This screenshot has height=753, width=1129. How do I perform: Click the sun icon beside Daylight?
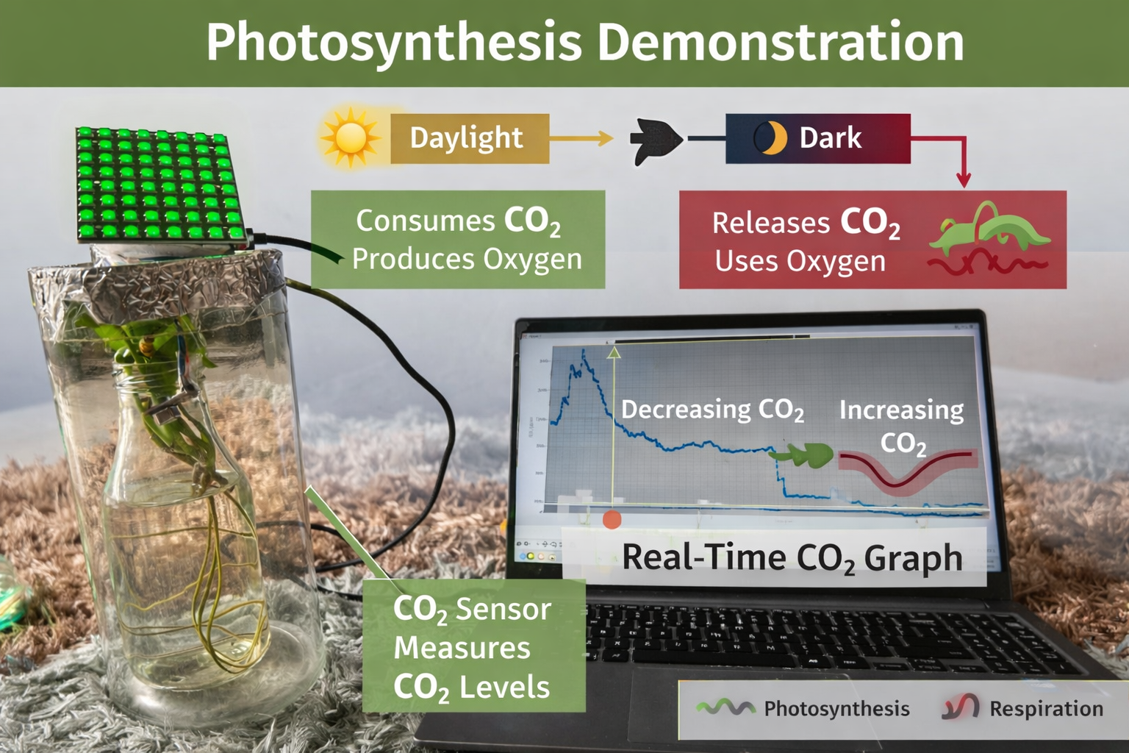(350, 138)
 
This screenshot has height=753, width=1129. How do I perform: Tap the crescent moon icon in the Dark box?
(770, 138)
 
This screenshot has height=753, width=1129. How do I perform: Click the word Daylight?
(466, 138)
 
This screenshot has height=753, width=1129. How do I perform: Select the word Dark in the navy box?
(830, 138)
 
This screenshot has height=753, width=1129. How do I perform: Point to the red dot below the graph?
(612, 520)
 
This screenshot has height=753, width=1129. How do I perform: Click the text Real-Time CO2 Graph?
(792, 558)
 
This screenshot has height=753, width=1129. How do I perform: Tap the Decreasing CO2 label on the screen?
(712, 410)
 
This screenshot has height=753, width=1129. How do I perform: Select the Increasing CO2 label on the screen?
(902, 425)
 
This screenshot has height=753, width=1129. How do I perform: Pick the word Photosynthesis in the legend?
(836, 708)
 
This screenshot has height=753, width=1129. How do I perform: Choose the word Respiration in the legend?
(1046, 708)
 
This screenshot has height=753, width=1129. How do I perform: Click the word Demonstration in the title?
(780, 42)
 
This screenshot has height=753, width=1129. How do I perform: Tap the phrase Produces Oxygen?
(467, 259)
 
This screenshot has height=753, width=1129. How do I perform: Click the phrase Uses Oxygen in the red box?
(800, 261)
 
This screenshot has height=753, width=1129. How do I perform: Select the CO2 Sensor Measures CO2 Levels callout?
(473, 647)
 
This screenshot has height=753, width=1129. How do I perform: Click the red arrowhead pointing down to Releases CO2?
(964, 179)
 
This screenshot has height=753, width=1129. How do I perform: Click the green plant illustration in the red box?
(989, 228)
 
